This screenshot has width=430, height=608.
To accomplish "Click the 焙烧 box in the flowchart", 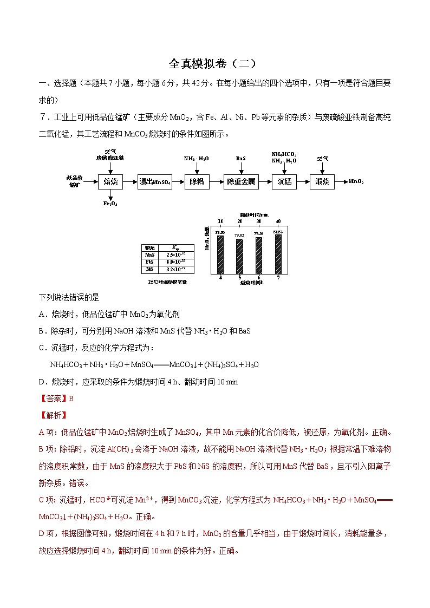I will tap(110, 181).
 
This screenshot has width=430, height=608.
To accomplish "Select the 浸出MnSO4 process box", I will tap(155, 181).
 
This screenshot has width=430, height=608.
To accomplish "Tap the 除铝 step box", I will tap(196, 181).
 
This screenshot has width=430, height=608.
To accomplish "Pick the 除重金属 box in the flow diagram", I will tap(241, 181).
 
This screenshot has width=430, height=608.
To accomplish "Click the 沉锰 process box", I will tap(284, 181).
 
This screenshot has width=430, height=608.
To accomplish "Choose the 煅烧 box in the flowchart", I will tap(322, 181).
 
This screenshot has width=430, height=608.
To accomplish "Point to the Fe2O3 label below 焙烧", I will tap(110, 204).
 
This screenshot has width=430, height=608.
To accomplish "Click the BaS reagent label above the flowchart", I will tap(241, 159).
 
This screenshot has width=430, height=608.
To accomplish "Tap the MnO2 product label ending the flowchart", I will tap(356, 181).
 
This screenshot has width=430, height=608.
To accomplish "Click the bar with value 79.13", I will tap(239, 256).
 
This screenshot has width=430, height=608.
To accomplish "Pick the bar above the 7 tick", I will tap(278, 254).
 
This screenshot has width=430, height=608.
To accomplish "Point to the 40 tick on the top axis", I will tap(278, 221).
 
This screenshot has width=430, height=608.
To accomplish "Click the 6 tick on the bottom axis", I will tap(259, 278).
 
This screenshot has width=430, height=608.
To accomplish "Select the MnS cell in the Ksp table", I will tap(150, 254).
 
